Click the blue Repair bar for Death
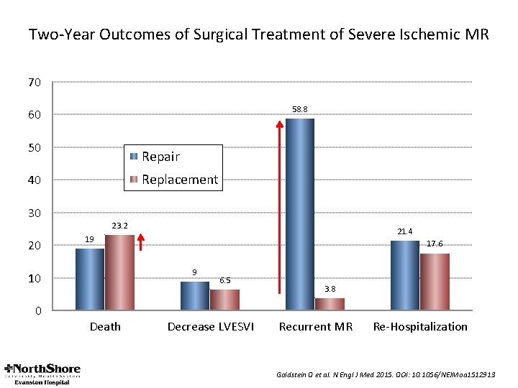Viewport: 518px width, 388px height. coord(90,280)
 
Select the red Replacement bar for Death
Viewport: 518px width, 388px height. coord(119,273)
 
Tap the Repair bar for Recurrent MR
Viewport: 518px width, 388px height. coord(299,214)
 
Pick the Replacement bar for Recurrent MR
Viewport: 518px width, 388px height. coord(329,304)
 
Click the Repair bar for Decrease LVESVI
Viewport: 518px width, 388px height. coord(194,296)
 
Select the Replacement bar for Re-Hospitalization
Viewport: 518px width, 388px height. coord(434,282)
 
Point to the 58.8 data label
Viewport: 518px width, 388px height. coord(300,109)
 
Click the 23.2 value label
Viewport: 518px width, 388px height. coord(119,226)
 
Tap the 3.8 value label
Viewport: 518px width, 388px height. coord(330,289)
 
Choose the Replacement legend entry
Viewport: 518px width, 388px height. coord(172,180)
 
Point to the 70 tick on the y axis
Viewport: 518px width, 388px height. coord(34,83)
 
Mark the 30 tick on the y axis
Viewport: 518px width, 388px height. coord(34,213)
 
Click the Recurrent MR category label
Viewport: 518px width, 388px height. coord(315,327)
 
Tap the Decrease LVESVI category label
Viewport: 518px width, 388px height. coord(210,327)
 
